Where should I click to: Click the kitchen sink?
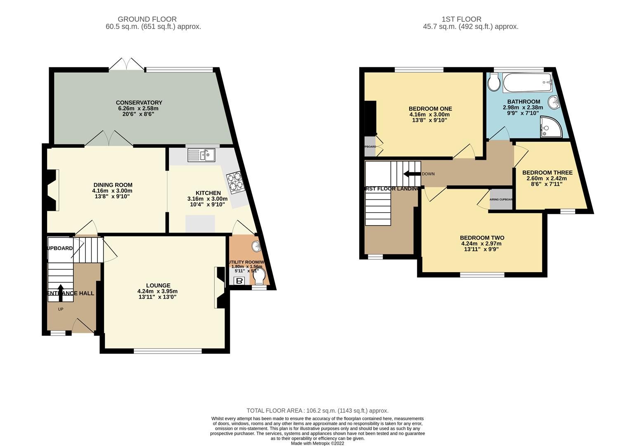pos(201,155)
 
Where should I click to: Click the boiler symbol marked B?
pos(239,281)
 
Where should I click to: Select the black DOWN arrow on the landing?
pos(412,173)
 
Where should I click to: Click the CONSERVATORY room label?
pos(139,102)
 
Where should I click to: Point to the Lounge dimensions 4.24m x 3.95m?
pos(157,291)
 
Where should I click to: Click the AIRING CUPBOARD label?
pos(501,199)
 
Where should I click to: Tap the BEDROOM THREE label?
pos(547,173)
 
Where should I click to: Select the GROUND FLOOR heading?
pos(147,19)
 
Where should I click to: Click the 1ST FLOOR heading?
pos(461,19)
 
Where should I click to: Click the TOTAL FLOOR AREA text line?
pos(317,410)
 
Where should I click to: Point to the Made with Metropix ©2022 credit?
pos(317,443)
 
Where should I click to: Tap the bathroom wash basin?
pos(553,101)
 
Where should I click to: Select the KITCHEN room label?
pos(208,193)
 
